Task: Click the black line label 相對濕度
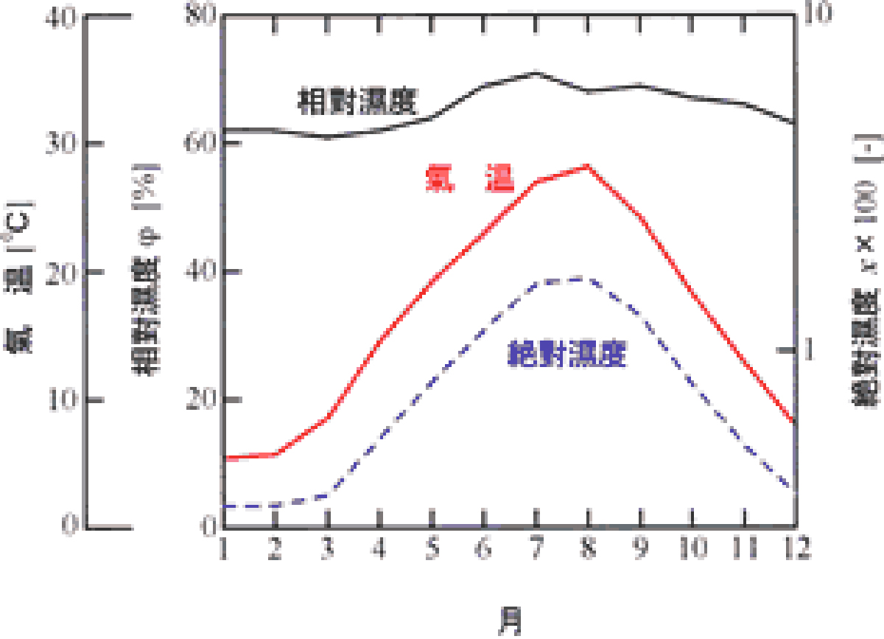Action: pyautogui.click(x=357, y=101)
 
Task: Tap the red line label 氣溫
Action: pyautogui.click(x=469, y=179)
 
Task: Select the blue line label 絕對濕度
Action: pyautogui.click(x=567, y=355)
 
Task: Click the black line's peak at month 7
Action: pyautogui.click(x=536, y=73)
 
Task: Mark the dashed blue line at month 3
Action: pyautogui.click(x=327, y=495)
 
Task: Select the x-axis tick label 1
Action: pyautogui.click(x=224, y=549)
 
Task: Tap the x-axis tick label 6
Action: pyautogui.click(x=483, y=549)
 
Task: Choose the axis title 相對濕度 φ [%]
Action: pyautogui.click(x=146, y=270)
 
